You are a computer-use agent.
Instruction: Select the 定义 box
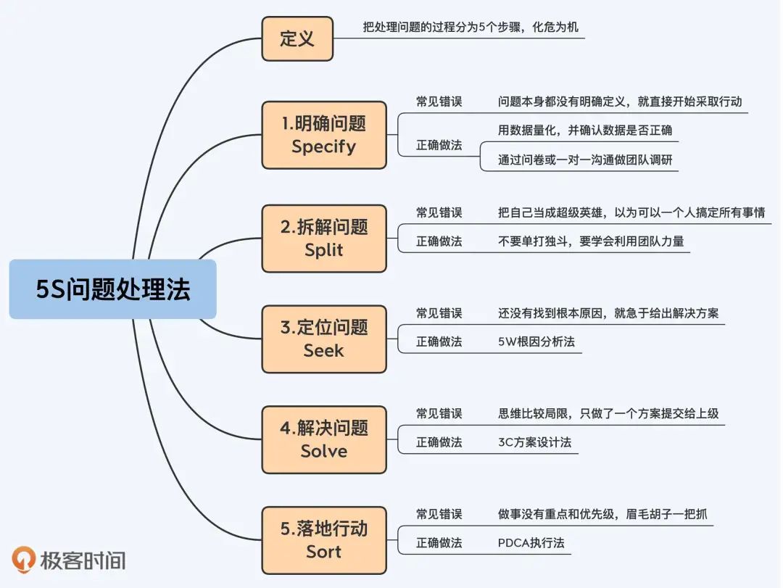tap(297, 38)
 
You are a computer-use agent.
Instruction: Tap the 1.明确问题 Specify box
tap(323, 135)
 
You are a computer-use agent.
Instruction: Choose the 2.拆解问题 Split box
tap(323, 238)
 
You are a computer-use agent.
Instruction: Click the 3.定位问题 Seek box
tap(323, 339)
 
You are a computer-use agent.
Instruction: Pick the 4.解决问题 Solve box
tap(323, 439)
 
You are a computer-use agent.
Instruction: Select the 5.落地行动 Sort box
tap(323, 540)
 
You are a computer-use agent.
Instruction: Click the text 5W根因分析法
tap(536, 341)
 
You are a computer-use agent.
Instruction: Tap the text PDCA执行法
tap(531, 542)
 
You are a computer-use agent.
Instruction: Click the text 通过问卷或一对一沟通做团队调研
tap(586, 160)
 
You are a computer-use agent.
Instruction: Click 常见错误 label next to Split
tap(439, 212)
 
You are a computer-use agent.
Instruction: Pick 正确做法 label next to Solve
tap(439, 442)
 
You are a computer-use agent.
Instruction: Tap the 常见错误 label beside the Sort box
tap(439, 514)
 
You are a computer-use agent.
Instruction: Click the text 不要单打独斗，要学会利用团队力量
tap(591, 241)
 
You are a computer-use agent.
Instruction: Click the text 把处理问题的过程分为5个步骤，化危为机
tap(471, 28)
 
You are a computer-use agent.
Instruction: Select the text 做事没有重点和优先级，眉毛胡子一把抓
tap(602, 514)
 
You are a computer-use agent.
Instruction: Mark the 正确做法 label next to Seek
tap(439, 341)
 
